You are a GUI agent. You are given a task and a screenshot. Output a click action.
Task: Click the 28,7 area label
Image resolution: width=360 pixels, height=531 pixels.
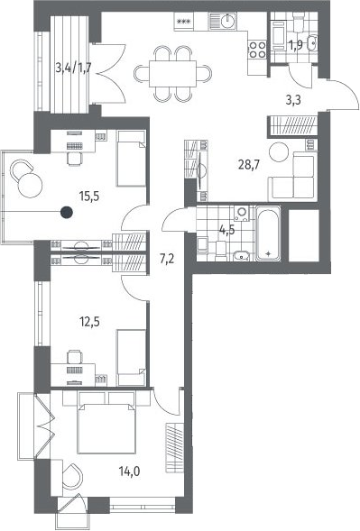(249, 165)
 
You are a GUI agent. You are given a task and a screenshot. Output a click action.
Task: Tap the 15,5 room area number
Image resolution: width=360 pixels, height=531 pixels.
(89, 196)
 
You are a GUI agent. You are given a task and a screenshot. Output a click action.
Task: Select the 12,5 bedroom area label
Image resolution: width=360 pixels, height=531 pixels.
(89, 322)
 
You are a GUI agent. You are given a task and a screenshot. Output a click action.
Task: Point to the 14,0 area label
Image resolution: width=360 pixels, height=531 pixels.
(130, 471)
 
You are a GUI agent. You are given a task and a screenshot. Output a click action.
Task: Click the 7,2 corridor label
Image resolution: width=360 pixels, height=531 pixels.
(167, 260)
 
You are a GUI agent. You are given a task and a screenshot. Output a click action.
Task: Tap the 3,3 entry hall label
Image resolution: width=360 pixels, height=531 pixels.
(293, 101)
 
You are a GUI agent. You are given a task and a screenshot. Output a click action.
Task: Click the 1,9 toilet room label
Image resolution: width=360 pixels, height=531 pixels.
(296, 45)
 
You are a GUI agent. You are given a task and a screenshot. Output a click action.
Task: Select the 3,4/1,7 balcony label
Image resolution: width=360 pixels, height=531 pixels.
(74, 69)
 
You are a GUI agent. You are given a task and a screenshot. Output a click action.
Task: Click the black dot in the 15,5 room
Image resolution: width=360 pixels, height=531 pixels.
(67, 213)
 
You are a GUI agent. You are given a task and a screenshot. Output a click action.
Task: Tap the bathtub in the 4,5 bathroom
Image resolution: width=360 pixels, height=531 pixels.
(268, 233)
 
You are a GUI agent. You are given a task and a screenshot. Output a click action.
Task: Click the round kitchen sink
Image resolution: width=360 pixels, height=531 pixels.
(227, 21)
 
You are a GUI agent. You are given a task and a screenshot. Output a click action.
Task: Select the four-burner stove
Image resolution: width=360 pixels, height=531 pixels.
(257, 50)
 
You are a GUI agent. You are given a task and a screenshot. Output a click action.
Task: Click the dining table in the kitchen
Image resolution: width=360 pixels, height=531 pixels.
(172, 73)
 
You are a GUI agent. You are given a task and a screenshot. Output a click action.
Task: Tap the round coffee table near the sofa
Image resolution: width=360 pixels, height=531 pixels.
(279, 152)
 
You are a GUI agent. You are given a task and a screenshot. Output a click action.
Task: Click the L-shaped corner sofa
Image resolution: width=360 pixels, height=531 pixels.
(292, 176)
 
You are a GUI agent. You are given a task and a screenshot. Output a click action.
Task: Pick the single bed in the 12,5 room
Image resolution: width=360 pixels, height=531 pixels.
(131, 358)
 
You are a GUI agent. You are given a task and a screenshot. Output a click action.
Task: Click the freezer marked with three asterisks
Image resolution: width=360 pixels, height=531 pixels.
(184, 22)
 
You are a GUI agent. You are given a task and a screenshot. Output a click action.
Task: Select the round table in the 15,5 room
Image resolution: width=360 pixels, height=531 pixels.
(30, 185)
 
